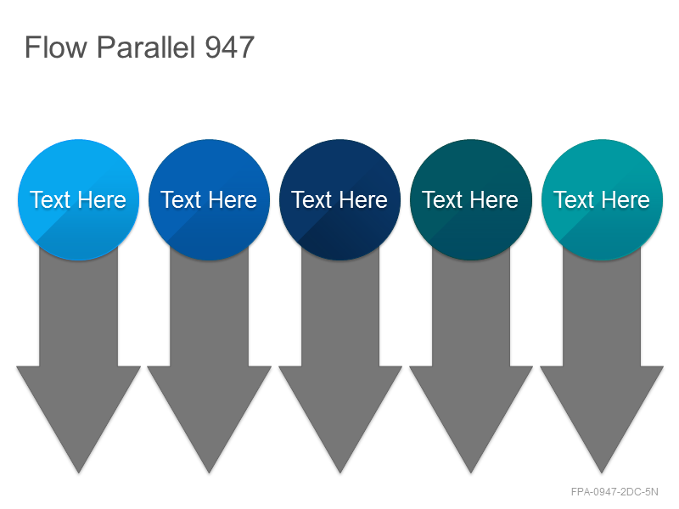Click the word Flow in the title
56,48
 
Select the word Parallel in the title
146,48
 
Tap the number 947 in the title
229,48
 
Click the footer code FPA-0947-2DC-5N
614,492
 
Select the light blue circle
78,199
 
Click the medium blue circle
209,199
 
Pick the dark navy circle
340,199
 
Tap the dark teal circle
471,199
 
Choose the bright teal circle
602,199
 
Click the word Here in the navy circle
363,200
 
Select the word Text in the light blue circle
50,200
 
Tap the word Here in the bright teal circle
626,200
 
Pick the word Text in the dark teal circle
442,200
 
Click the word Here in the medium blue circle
233,200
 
